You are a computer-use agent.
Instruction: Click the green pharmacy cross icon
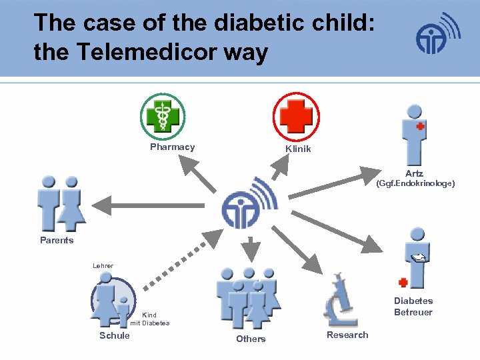point(163,115)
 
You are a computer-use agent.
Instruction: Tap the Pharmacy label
point(172,147)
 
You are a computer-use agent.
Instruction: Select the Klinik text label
point(298,149)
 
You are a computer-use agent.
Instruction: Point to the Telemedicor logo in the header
point(438,35)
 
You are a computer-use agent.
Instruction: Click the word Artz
point(414,173)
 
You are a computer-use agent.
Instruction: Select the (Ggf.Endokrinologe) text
point(415,183)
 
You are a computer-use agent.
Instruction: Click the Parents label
point(57,240)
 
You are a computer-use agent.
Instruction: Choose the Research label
point(347,335)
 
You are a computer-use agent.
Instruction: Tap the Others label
point(251,339)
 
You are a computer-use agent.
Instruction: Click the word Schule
point(115,335)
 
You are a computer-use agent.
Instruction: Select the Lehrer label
point(103,266)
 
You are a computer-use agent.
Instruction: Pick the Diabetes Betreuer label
point(413,307)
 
